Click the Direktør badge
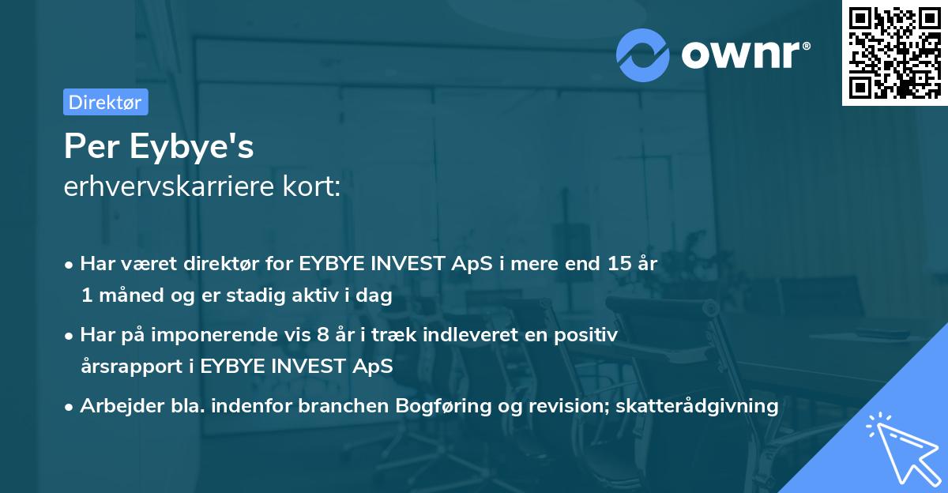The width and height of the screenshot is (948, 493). (105, 102)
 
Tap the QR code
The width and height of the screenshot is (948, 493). (894, 53)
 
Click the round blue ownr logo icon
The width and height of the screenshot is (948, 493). (644, 55)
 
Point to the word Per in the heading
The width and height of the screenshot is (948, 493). (85, 146)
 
